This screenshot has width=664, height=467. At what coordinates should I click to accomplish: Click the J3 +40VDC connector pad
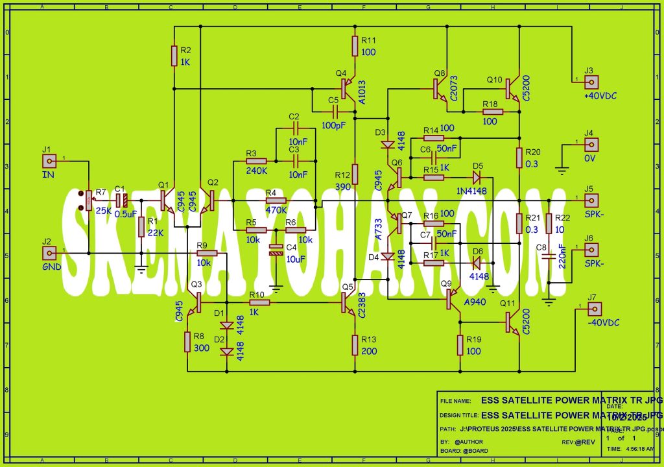(591, 83)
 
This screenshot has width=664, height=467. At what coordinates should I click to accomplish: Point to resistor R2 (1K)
(174, 56)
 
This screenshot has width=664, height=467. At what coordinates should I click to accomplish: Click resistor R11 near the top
(355, 46)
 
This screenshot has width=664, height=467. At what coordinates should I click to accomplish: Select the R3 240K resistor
(256, 161)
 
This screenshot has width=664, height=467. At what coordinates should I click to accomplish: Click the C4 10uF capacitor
(276, 249)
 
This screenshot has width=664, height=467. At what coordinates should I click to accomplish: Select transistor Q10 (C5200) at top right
(514, 87)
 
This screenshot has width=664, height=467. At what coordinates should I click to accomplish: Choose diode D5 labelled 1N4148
(478, 177)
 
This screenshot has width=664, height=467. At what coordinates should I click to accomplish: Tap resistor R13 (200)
(355, 344)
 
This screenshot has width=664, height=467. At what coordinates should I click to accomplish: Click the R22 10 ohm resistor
(549, 224)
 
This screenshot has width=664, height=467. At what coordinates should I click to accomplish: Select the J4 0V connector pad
(591, 145)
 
